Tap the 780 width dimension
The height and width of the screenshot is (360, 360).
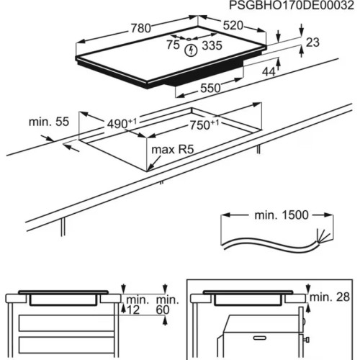[140, 29]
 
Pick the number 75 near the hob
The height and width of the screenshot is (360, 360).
[172, 44]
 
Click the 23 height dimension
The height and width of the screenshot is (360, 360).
[312, 43]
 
